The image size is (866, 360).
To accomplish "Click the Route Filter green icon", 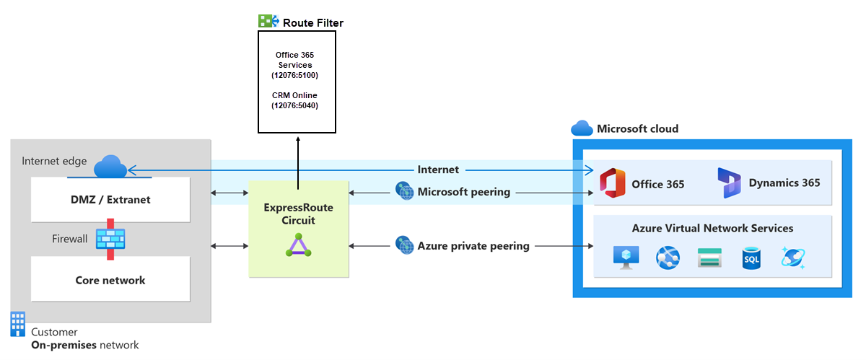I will [x=268, y=22].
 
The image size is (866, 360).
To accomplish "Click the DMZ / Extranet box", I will [x=110, y=199].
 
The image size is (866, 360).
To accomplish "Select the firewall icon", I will [x=110, y=239].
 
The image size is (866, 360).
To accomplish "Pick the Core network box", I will [x=110, y=280].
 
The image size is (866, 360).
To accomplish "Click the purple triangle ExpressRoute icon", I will [x=299, y=247].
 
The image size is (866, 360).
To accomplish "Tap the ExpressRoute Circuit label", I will [x=299, y=214].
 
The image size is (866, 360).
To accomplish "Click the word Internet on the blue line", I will [x=438, y=170].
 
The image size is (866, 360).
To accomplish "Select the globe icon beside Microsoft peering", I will [x=403, y=192].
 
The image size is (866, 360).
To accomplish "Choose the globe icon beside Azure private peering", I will [x=403, y=245].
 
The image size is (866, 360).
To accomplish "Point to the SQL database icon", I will [x=751, y=258].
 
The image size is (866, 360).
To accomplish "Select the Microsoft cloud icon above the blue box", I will [x=582, y=128].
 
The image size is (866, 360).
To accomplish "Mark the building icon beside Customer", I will [x=18, y=324].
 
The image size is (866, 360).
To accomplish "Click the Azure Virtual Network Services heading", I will [x=712, y=228].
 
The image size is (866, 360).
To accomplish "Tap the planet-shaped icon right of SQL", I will [x=792, y=258].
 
